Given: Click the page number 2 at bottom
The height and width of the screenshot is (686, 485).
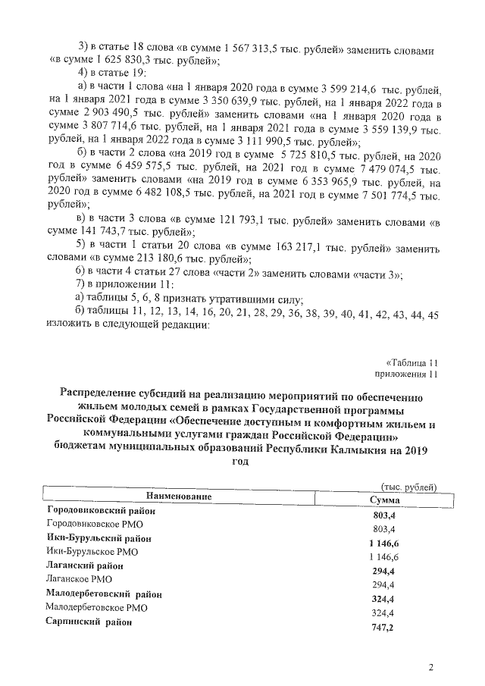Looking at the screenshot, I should pyautogui.click(x=430, y=667).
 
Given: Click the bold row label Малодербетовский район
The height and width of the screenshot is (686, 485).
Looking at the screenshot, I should pyautogui.click(x=104, y=593).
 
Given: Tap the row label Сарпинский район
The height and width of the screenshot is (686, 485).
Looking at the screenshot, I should pyautogui.click(x=87, y=622).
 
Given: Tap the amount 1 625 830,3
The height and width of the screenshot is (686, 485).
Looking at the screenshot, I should pyautogui.click(x=125, y=61).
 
